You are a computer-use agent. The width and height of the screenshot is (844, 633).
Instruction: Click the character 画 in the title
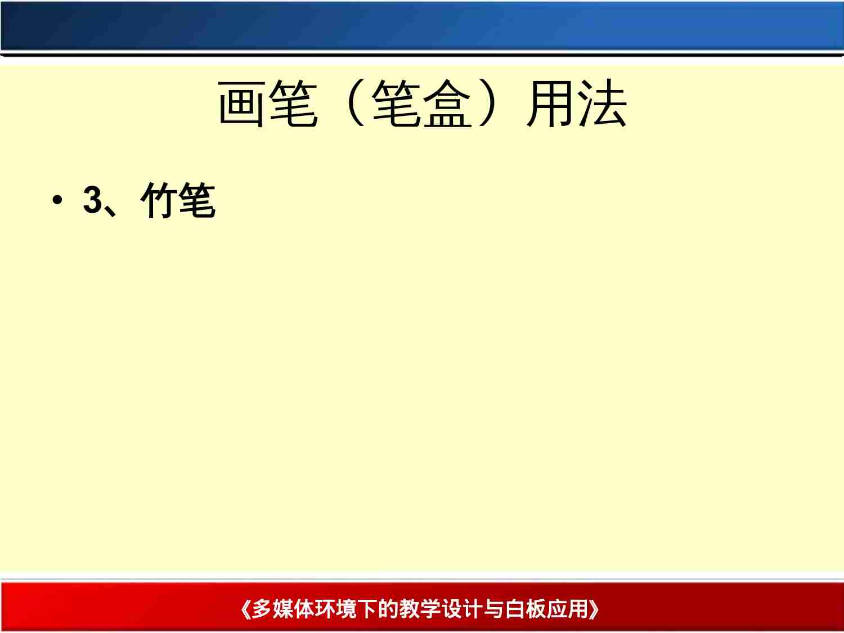(x=243, y=104)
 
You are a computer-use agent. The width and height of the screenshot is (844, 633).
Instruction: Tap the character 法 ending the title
(x=602, y=104)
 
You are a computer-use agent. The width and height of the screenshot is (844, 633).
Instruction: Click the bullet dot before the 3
(x=56, y=201)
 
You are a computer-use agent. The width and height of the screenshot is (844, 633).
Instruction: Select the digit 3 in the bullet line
(x=92, y=200)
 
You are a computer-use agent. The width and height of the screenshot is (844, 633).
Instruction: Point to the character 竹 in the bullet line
(x=160, y=200)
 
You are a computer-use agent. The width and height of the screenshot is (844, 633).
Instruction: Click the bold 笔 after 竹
(x=196, y=200)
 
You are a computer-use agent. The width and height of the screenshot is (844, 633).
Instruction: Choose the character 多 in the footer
(x=262, y=609)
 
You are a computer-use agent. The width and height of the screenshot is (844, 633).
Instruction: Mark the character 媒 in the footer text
(x=283, y=609)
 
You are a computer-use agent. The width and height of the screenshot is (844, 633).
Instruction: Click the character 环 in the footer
(x=325, y=609)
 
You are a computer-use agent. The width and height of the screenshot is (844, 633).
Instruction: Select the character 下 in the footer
(x=367, y=609)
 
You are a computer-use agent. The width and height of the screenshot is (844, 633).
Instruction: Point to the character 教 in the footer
(x=409, y=609)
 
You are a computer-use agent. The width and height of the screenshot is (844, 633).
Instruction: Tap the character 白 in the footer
(x=514, y=609)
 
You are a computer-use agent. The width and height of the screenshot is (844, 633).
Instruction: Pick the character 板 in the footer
(x=535, y=609)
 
